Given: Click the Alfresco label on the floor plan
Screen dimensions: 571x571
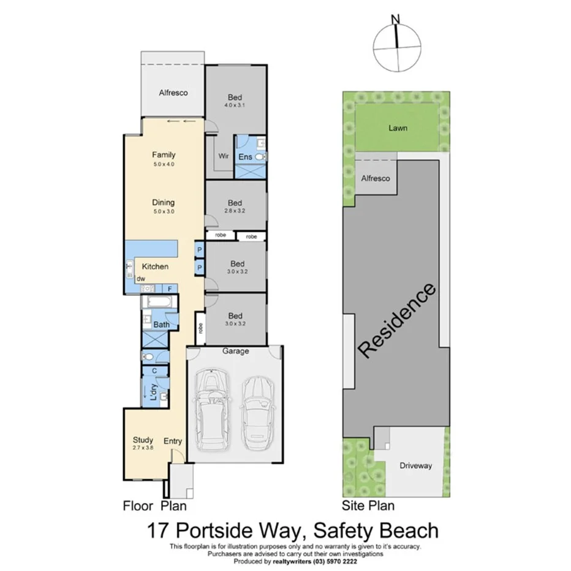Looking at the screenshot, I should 173,93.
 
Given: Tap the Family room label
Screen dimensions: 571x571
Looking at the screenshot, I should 164,155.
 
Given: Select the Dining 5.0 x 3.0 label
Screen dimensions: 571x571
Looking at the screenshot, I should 164,203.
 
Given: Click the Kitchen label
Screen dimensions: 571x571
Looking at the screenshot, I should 155,267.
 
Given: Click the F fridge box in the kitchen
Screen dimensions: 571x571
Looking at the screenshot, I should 169,288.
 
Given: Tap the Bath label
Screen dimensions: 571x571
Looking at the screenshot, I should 161,325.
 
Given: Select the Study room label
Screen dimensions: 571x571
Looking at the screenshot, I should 143,440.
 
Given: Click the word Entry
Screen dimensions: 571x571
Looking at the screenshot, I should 173,441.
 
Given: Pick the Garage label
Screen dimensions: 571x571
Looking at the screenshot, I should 235,351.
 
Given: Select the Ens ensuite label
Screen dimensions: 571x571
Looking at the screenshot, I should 245,157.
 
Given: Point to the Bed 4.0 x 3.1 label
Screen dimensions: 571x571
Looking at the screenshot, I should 235,97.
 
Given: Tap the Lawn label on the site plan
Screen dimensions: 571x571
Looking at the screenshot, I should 397,128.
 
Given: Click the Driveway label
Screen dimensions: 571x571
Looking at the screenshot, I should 415,466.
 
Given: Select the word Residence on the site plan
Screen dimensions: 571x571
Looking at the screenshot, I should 397,320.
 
